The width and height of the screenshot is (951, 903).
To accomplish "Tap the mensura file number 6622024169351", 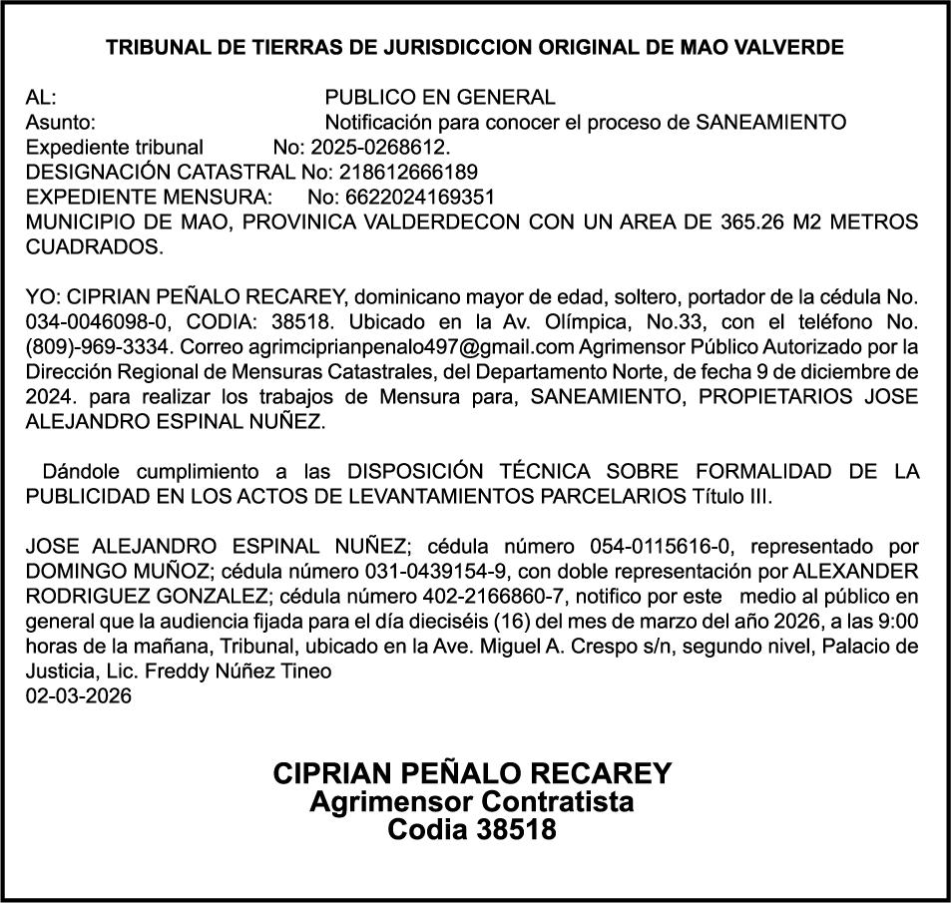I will (401, 197).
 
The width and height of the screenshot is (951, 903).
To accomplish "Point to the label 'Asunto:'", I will (61, 123).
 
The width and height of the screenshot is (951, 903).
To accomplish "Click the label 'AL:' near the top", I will (41, 98).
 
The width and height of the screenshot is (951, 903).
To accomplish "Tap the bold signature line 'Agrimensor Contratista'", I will (472, 801).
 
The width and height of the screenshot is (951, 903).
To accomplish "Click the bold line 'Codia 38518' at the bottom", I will (472, 830).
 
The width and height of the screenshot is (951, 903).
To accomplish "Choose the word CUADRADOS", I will (93, 245).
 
